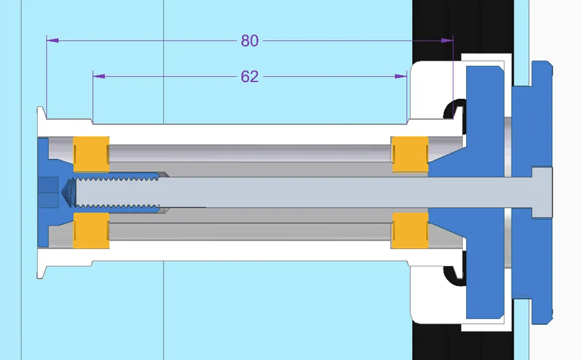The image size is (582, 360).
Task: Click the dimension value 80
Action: tap(249, 41)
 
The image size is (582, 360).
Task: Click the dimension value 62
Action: tap(249, 76)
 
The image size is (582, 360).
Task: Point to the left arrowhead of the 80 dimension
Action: tap(52, 41)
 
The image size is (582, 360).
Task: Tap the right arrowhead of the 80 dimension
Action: tap(447, 41)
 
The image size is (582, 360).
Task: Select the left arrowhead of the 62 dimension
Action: tap(99, 76)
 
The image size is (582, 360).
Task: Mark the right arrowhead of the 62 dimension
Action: tap(401, 76)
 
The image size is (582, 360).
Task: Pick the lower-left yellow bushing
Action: tap(91, 230)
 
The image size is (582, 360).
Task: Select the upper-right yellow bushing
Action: tap(410, 155)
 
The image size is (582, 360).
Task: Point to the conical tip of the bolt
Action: tap(67, 192)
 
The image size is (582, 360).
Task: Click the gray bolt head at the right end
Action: tap(541, 192)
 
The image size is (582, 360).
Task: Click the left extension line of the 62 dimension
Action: tap(93, 96)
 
